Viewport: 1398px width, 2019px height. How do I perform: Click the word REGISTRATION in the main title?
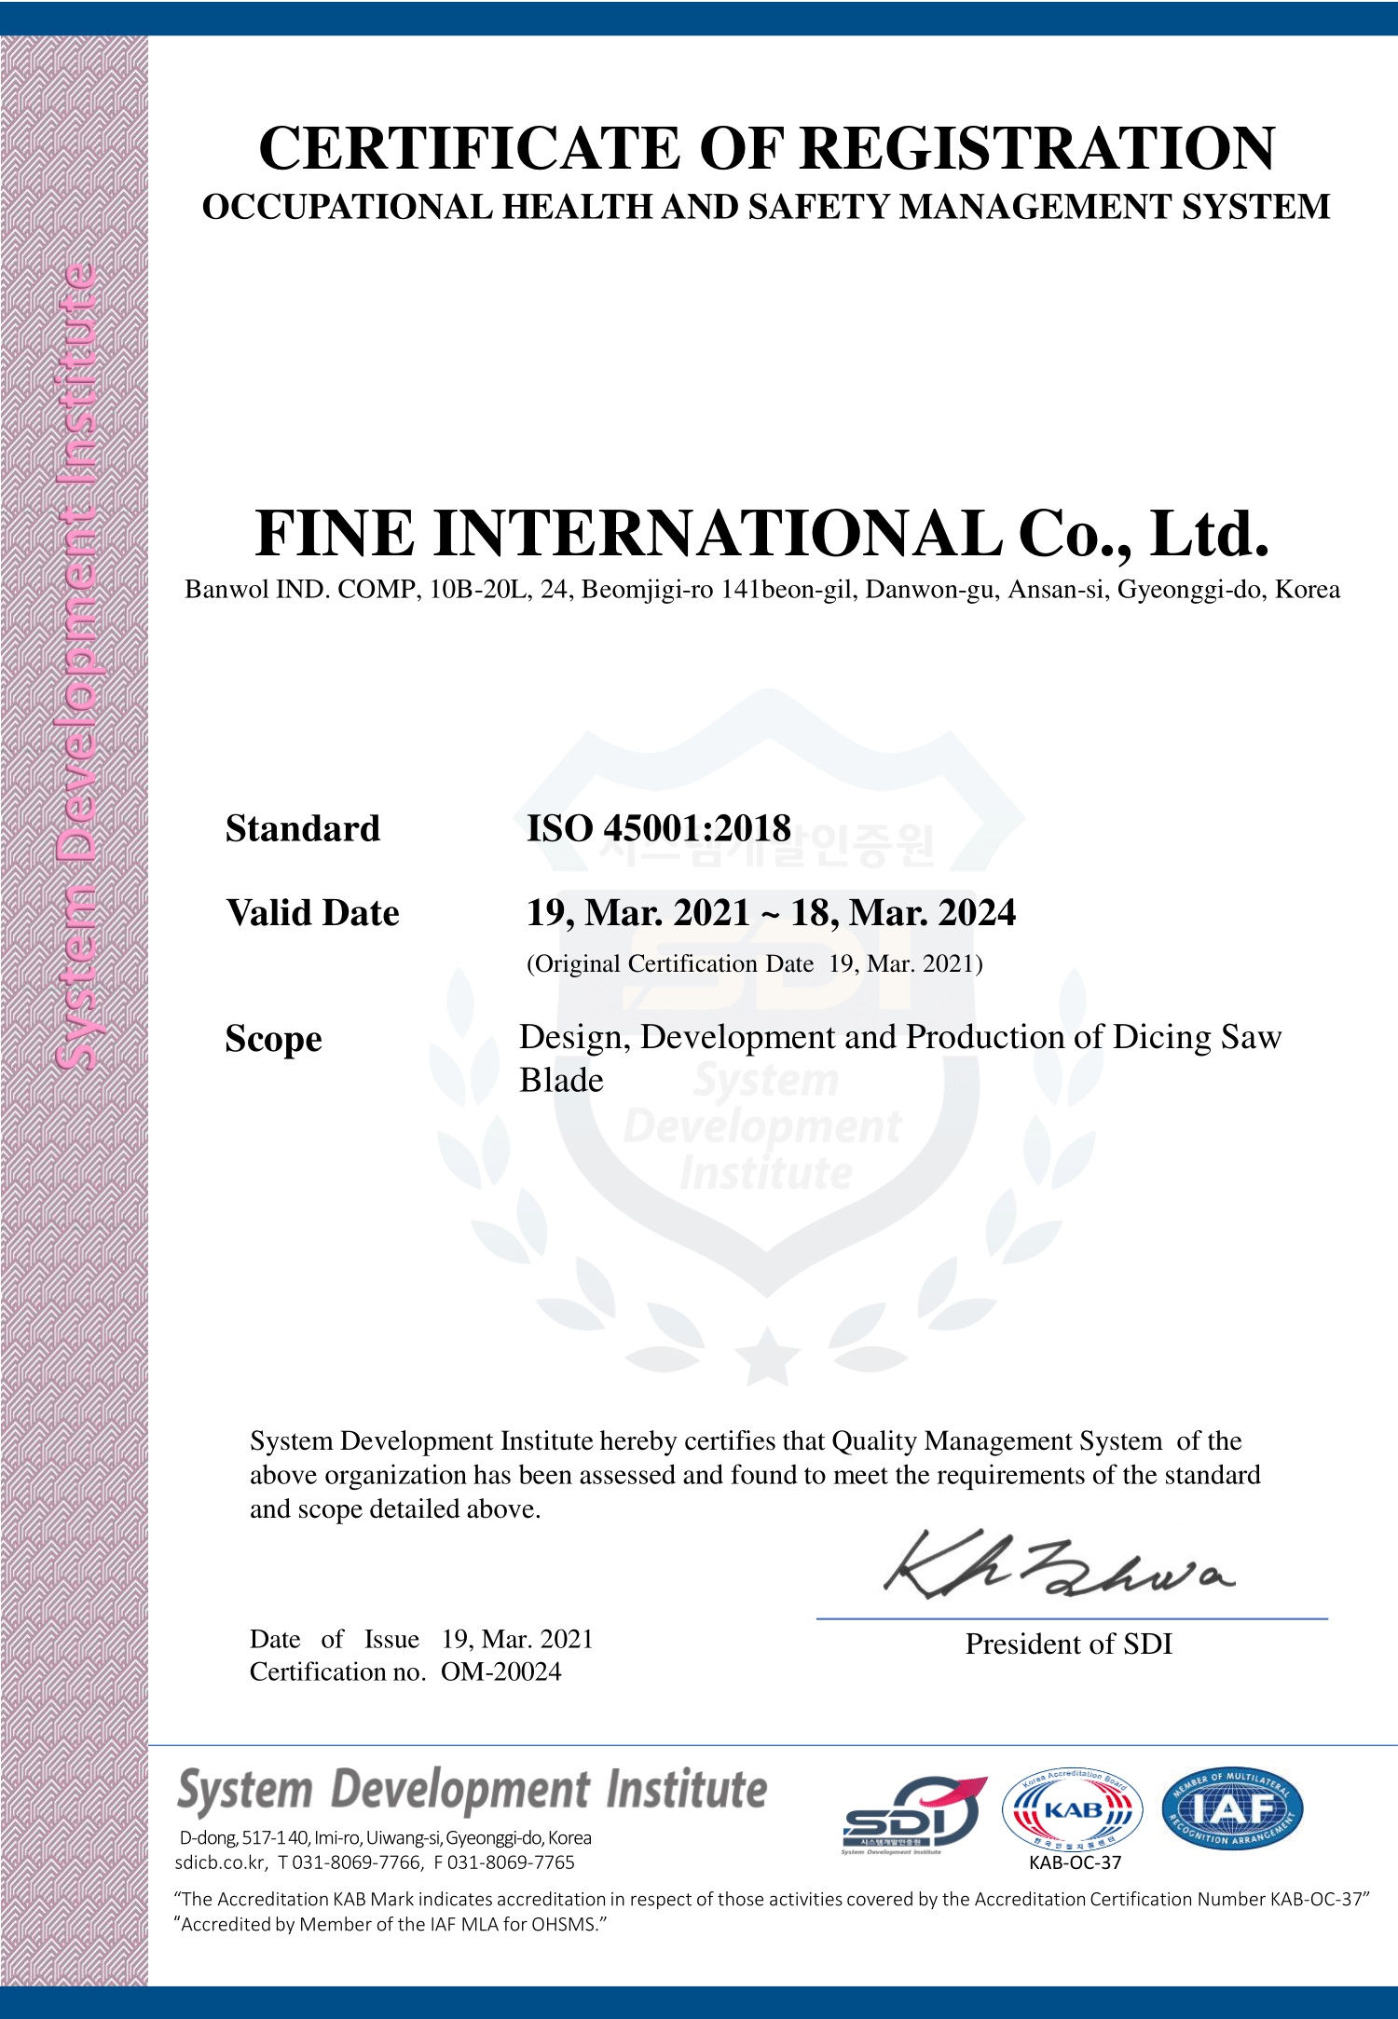point(1037,149)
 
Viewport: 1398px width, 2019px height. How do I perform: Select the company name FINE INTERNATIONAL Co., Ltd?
point(761,534)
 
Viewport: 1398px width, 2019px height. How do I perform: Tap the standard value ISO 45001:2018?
point(658,828)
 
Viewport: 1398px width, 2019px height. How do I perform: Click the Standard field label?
point(303,828)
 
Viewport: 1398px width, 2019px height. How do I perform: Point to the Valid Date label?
point(312,913)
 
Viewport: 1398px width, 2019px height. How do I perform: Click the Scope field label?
point(273,1039)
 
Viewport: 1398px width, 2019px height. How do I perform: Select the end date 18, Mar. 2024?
point(903,913)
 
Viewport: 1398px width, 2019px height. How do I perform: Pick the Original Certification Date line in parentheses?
point(755,963)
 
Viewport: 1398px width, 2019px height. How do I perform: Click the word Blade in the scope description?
point(561,1081)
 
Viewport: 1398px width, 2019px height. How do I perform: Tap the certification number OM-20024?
point(501,1671)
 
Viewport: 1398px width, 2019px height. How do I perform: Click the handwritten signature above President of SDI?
point(1058,1567)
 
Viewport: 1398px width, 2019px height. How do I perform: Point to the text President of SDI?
point(1068,1644)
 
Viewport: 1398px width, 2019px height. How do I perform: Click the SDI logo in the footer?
point(911,1813)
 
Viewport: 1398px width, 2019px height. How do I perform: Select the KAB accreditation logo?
point(1073,1810)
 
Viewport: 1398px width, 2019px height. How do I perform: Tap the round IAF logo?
point(1232,1808)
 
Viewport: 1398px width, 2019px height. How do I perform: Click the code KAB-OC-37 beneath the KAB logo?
point(1075,1862)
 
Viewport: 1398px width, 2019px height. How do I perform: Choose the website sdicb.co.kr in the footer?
point(220,1862)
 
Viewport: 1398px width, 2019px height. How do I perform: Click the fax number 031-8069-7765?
point(511,1862)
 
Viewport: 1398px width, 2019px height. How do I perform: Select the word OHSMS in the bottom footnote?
point(565,1924)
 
